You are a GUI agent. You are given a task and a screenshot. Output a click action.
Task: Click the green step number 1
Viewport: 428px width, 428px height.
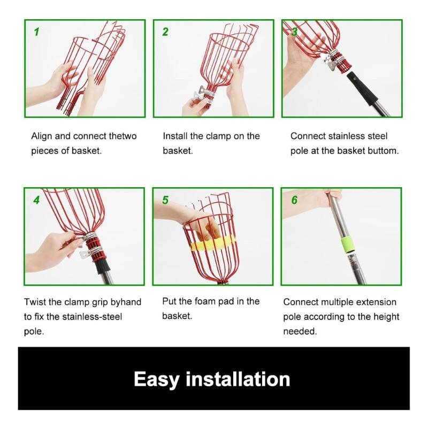click(36, 32)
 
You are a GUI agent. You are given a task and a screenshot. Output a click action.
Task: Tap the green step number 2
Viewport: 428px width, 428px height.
click(165, 32)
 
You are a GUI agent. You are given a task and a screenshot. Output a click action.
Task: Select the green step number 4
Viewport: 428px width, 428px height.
click(36, 200)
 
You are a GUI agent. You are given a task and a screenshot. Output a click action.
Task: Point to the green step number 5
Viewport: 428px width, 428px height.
click(165, 200)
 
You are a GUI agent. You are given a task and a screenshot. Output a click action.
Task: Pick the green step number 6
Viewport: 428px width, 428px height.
click(294, 200)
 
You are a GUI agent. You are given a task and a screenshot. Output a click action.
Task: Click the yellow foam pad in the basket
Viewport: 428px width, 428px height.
click(212, 243)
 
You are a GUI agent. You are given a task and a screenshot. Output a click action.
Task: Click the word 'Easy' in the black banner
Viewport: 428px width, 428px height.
click(157, 379)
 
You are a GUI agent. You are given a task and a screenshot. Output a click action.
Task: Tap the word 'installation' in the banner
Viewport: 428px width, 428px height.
click(238, 379)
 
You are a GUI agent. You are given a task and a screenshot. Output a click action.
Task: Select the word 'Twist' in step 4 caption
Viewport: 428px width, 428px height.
click(35, 302)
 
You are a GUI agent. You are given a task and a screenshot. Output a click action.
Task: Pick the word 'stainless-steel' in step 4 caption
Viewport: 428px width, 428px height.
click(92, 317)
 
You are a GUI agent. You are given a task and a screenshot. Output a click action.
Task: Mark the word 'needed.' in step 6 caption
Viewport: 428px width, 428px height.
click(300, 331)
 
